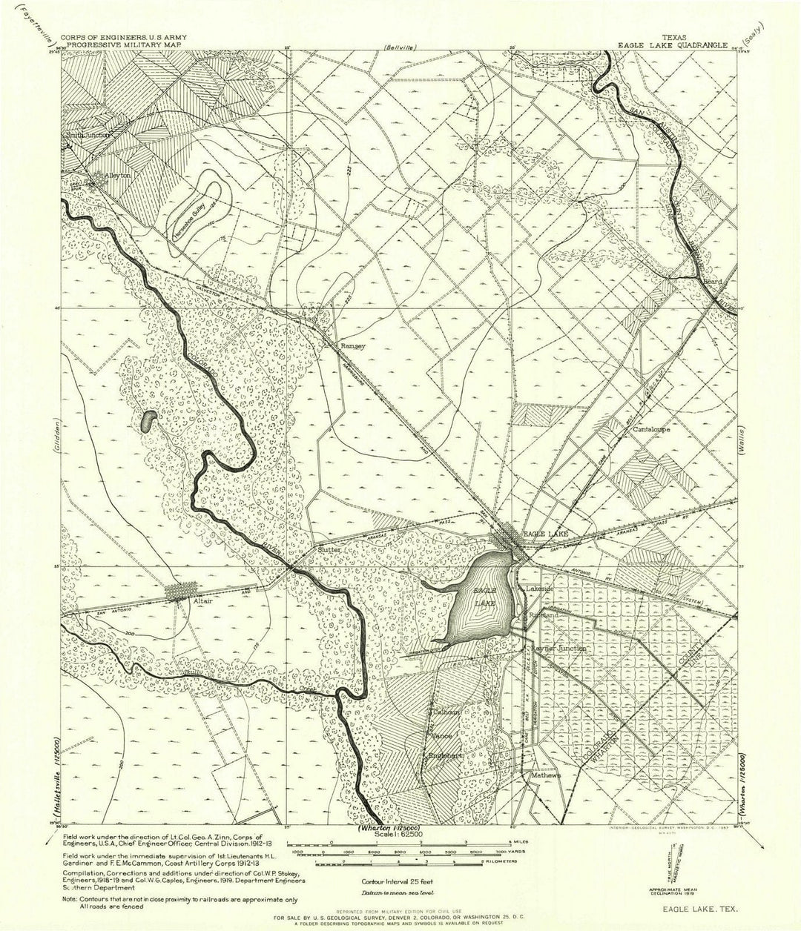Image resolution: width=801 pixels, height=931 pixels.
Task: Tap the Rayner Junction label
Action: [558, 648]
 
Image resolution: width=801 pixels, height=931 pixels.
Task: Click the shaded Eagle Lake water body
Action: [482, 600]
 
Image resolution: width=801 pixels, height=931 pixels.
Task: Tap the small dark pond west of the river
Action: [148, 420]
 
